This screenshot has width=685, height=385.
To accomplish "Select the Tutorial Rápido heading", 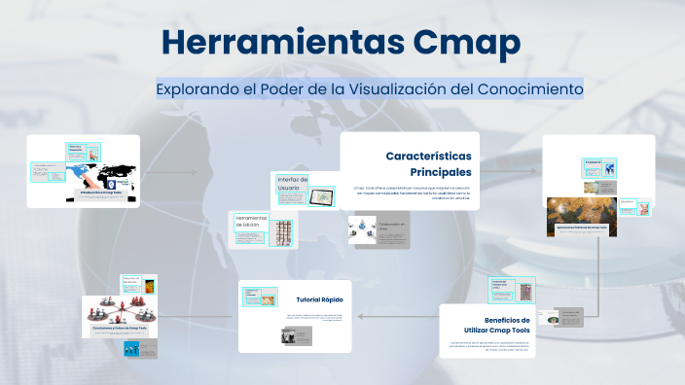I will pos(320,298).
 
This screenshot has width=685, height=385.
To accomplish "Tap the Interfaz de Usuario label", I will pos(292,184).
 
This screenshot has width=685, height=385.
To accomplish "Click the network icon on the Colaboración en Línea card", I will pos(364,228).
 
